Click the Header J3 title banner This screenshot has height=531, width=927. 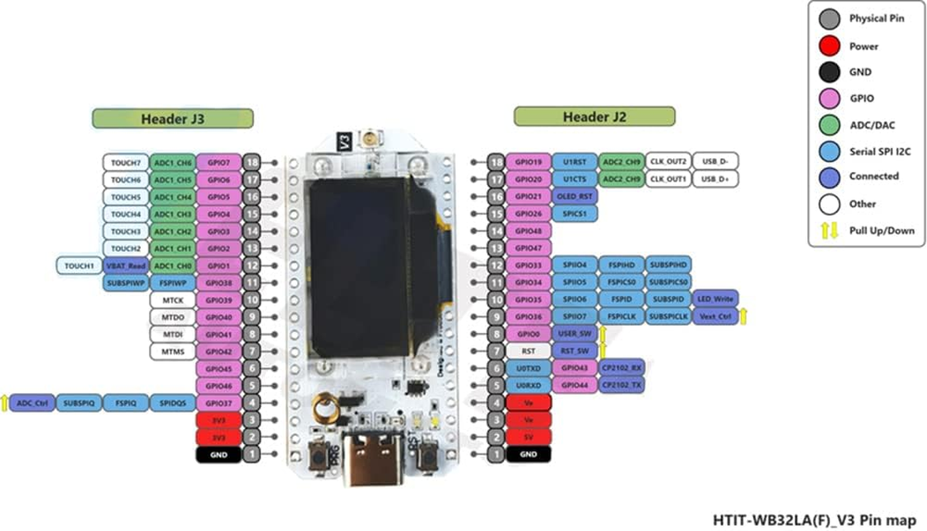[x=173, y=119]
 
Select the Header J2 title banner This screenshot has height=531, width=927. [x=594, y=117]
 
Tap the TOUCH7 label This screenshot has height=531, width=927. [x=126, y=162]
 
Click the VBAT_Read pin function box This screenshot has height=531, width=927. [x=126, y=265]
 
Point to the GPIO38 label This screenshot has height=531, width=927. [x=219, y=283]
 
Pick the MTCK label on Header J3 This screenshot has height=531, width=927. [x=172, y=300]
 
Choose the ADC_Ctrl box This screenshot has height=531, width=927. [x=31, y=403]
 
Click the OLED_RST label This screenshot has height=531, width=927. [x=575, y=196]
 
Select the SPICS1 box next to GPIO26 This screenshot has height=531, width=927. [x=575, y=214]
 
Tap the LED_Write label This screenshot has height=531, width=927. [x=715, y=299]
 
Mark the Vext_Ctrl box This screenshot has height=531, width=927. [x=715, y=317]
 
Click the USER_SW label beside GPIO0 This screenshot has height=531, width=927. [x=575, y=333]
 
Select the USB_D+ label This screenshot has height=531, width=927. [x=715, y=179]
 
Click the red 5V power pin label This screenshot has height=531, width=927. [x=528, y=437]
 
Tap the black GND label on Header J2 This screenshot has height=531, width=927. [x=528, y=455]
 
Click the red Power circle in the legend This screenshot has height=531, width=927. [x=828, y=46]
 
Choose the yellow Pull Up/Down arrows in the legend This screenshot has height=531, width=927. [x=829, y=230]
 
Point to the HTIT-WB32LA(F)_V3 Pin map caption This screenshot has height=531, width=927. [x=814, y=519]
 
